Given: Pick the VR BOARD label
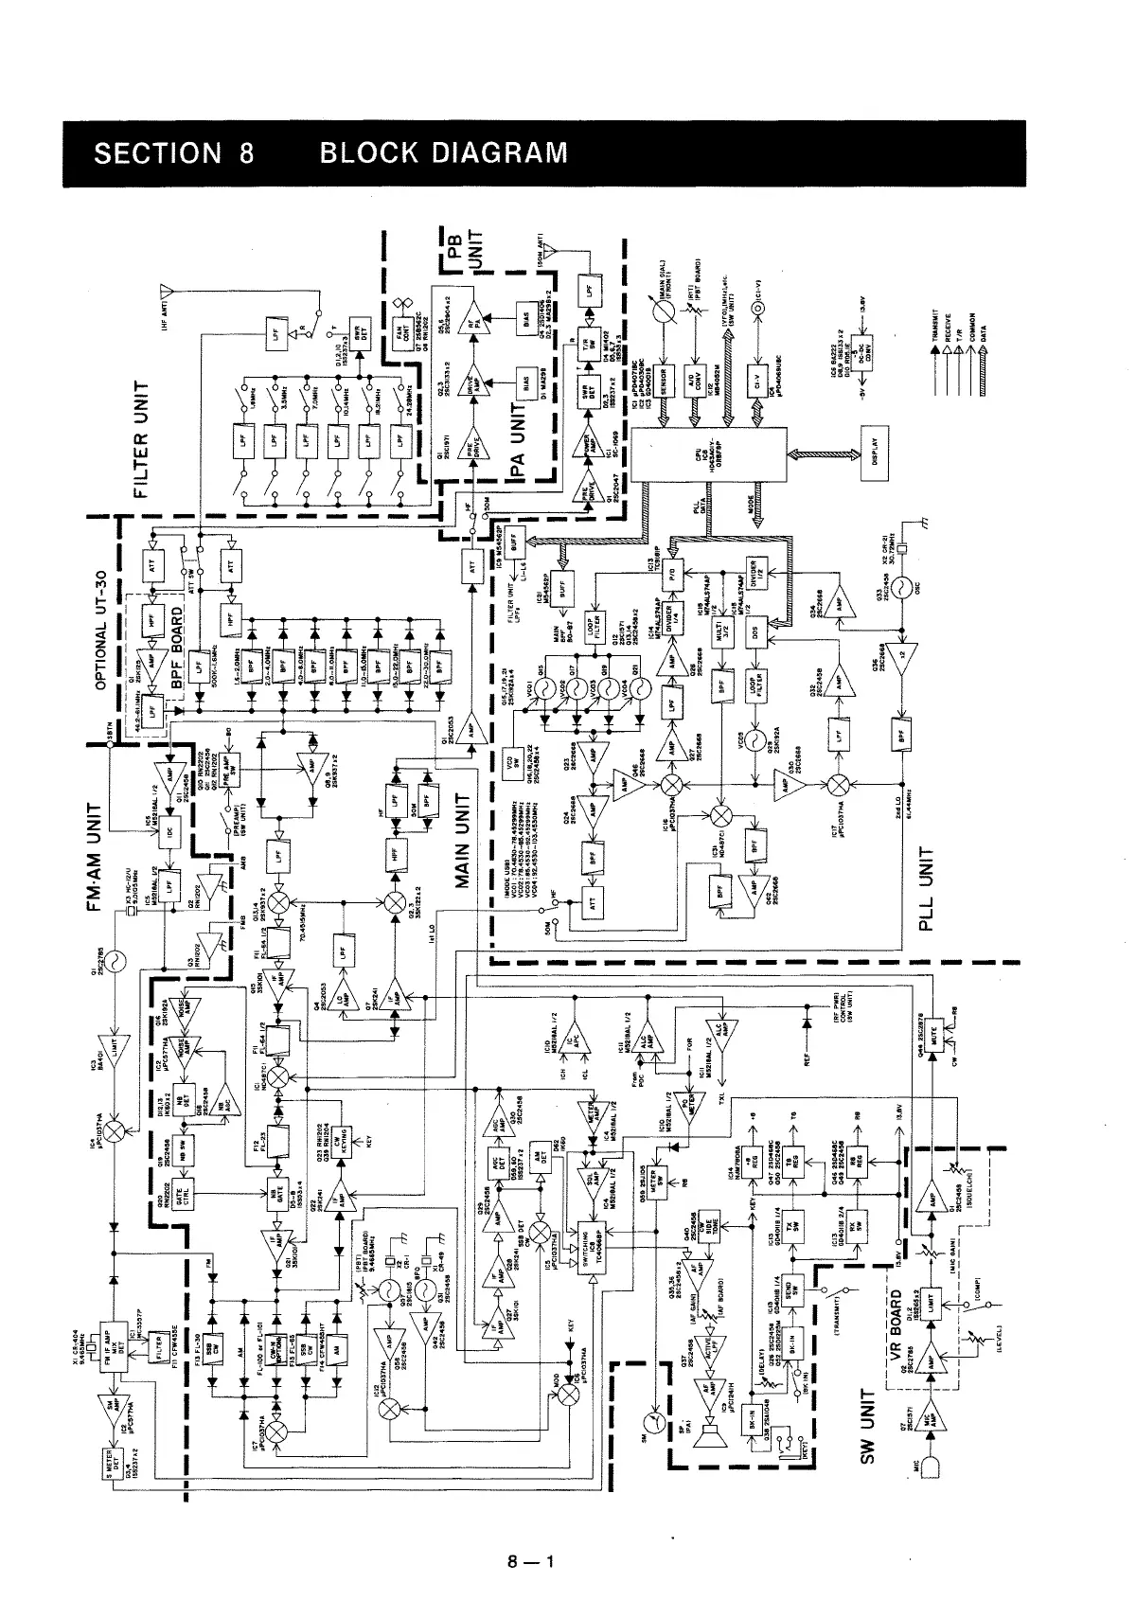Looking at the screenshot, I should point(897,1326).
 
